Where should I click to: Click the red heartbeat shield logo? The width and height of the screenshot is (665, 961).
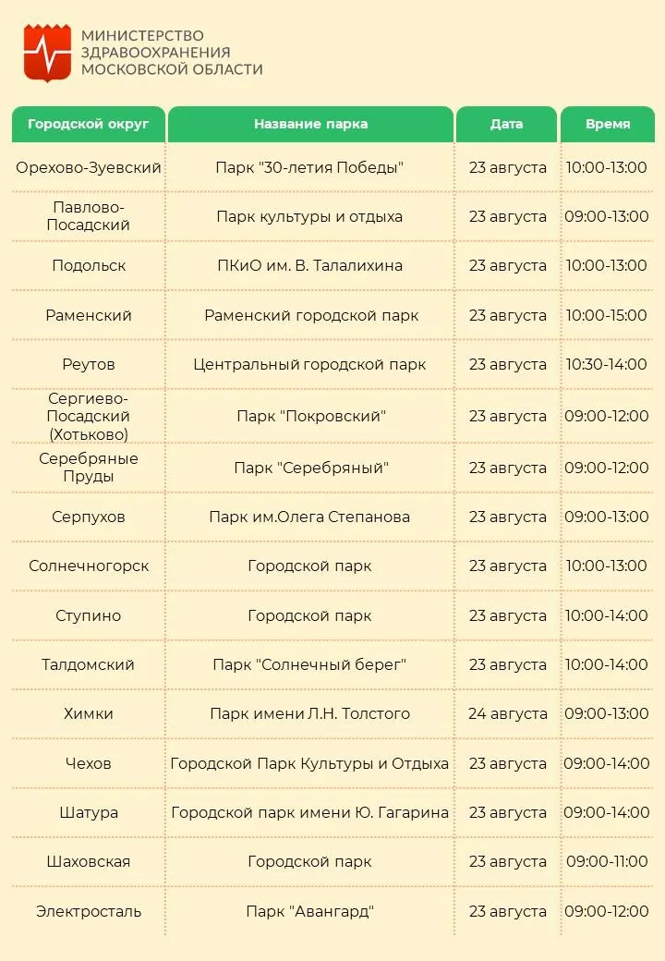pyautogui.click(x=47, y=53)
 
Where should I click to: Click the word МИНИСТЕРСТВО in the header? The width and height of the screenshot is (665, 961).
pyautogui.click(x=142, y=36)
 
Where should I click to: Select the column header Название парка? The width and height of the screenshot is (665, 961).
pyautogui.click(x=310, y=124)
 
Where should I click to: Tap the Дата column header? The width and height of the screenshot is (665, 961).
pyautogui.click(x=506, y=124)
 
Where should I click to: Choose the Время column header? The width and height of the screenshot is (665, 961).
pyautogui.click(x=608, y=124)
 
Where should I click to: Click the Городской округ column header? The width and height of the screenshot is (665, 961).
pyautogui.click(x=89, y=124)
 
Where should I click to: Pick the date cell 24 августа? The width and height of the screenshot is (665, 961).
pyautogui.click(x=507, y=713)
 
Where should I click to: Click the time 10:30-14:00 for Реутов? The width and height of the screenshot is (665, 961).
pyautogui.click(x=607, y=364)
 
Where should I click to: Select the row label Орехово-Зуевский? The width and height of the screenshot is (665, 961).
pyautogui.click(x=89, y=167)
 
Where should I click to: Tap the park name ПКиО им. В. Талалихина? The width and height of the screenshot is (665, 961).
pyautogui.click(x=309, y=265)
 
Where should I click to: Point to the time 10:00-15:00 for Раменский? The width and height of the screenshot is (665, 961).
pyautogui.click(x=607, y=315)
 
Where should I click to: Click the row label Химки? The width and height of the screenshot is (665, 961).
pyautogui.click(x=89, y=713)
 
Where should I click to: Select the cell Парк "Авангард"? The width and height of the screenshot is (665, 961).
pyautogui.click(x=309, y=911)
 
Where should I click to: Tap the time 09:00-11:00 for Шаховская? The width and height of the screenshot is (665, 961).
pyautogui.click(x=607, y=861)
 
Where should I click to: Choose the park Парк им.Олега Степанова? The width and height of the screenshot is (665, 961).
pyautogui.click(x=309, y=517)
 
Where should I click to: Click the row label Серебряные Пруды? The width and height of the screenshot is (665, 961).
pyautogui.click(x=89, y=468)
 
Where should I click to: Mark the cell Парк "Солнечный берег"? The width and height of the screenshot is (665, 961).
pyautogui.click(x=309, y=664)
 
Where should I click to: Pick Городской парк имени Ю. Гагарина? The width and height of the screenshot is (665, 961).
pyautogui.click(x=309, y=812)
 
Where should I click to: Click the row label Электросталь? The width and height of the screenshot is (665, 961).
pyautogui.click(x=89, y=911)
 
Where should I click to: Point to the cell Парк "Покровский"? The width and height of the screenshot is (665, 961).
pyautogui.click(x=309, y=416)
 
